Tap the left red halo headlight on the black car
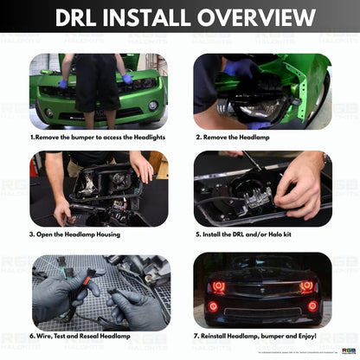coord(217,286)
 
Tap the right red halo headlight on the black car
coord(305,286)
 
